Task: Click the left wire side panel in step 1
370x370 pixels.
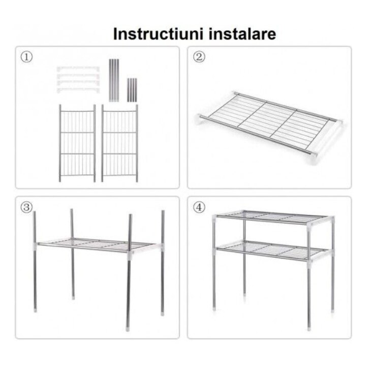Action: point(77,143)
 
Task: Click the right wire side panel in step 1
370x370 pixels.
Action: point(119,143)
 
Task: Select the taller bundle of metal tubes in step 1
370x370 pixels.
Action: point(114,79)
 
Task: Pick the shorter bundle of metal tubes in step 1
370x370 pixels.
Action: point(132,89)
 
